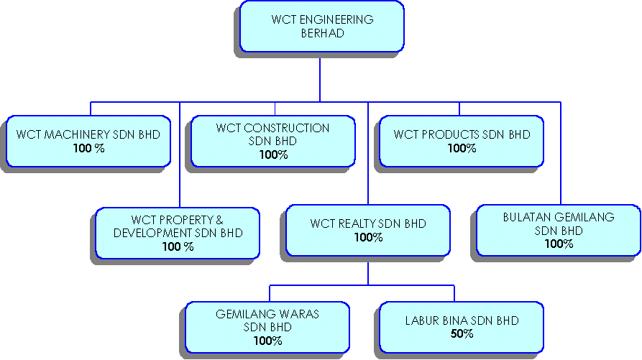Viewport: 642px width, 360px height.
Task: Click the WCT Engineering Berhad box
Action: [x=321, y=27]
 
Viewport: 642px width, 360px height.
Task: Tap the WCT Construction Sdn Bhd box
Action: [x=272, y=141]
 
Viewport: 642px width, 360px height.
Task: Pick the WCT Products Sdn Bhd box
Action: [x=462, y=141]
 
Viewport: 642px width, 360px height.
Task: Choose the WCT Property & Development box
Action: [x=178, y=233]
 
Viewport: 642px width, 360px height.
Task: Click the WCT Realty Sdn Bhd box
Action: [x=368, y=230]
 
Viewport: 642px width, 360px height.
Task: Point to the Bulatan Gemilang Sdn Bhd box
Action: [x=558, y=230]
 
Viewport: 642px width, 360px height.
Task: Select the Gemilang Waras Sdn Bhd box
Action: [x=267, y=327]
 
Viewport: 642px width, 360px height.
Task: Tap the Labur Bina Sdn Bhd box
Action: [x=462, y=327]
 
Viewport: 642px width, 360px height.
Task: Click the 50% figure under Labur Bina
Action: [x=462, y=333]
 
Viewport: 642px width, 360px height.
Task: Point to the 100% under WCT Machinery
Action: [x=88, y=148]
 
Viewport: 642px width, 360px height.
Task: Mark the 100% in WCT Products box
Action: [x=462, y=148]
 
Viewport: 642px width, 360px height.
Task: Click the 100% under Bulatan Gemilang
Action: [x=559, y=244]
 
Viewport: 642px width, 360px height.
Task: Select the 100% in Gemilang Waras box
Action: [x=267, y=341]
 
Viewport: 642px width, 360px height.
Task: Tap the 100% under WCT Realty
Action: [x=368, y=237]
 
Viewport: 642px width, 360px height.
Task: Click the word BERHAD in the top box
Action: [x=322, y=32]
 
